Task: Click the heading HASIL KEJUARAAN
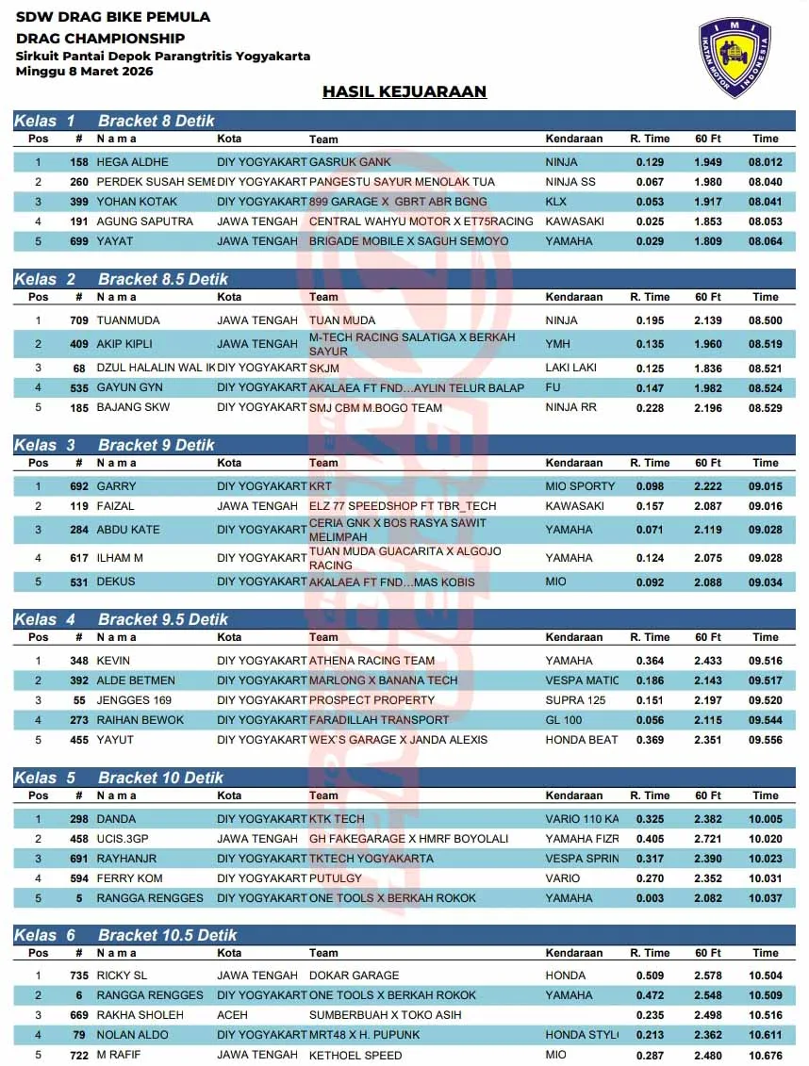tap(404, 91)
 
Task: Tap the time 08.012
tap(766, 162)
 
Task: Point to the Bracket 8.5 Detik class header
tap(162, 279)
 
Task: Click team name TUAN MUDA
tap(342, 320)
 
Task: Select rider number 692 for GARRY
tap(79, 486)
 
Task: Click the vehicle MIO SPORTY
tap(580, 486)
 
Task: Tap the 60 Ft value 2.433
tap(708, 661)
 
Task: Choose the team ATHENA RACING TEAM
tap(372, 661)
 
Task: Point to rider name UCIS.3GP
tap(120, 839)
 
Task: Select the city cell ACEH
tap(232, 1015)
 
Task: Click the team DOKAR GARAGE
tap(354, 976)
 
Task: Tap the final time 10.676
tap(766, 1055)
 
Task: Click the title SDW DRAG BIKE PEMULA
tap(113, 17)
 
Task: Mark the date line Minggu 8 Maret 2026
tap(84, 71)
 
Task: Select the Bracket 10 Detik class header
tap(156, 778)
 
